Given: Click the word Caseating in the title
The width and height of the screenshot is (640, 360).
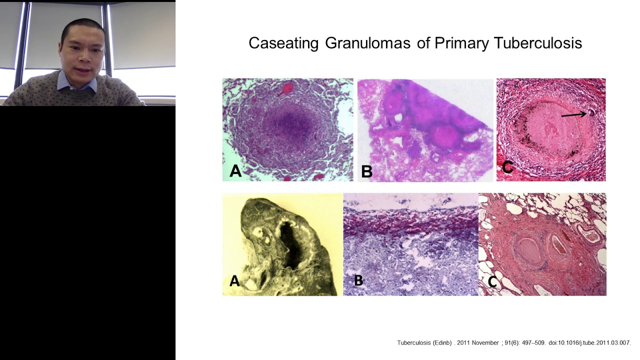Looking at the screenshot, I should click(x=283, y=43).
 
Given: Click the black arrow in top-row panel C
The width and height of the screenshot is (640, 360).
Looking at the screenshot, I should click(x=573, y=115).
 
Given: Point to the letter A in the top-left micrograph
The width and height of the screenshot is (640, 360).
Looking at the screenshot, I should click(x=235, y=171).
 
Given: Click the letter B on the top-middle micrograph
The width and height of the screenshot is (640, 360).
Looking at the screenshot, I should click(x=366, y=171).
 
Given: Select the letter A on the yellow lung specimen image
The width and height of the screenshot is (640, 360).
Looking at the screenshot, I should click(x=234, y=281).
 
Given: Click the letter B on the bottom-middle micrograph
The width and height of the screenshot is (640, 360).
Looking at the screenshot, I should click(x=358, y=280).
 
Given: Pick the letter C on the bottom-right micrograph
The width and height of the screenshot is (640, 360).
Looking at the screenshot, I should click(x=492, y=282).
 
